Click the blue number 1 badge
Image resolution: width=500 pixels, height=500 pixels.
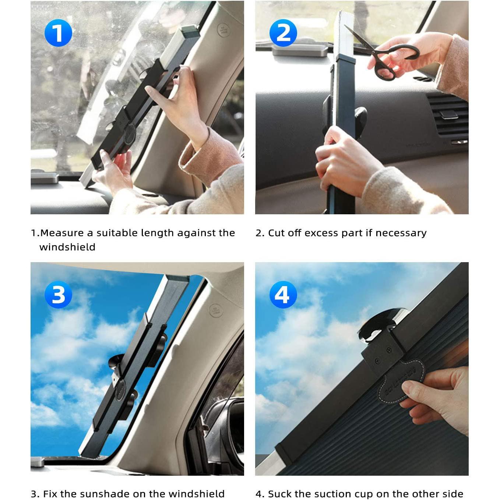click(x=58, y=33)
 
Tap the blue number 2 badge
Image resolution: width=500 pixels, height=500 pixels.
click(x=283, y=33)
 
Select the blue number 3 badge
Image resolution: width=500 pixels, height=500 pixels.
click(x=58, y=295)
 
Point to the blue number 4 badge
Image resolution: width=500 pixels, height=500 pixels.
click(x=283, y=295)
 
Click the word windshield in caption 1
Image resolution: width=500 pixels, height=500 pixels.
click(x=67, y=247)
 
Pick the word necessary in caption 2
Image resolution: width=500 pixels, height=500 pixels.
click(x=401, y=233)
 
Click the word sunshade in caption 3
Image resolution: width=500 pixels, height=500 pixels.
click(x=113, y=494)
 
